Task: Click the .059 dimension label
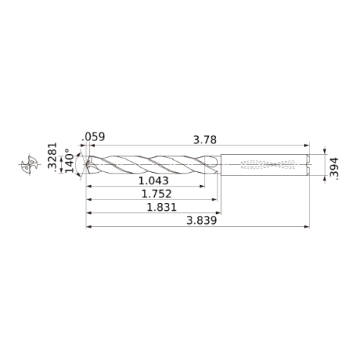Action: [x=94, y=137]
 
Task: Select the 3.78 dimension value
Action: [x=205, y=140]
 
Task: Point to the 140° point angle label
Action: [x=70, y=161]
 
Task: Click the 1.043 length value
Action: [x=153, y=181]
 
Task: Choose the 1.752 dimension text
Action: [x=156, y=194]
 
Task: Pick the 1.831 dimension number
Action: [x=161, y=207]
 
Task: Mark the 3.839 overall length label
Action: [x=202, y=220]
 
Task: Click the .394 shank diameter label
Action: [x=334, y=168]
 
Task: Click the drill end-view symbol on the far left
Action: [x=30, y=165]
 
